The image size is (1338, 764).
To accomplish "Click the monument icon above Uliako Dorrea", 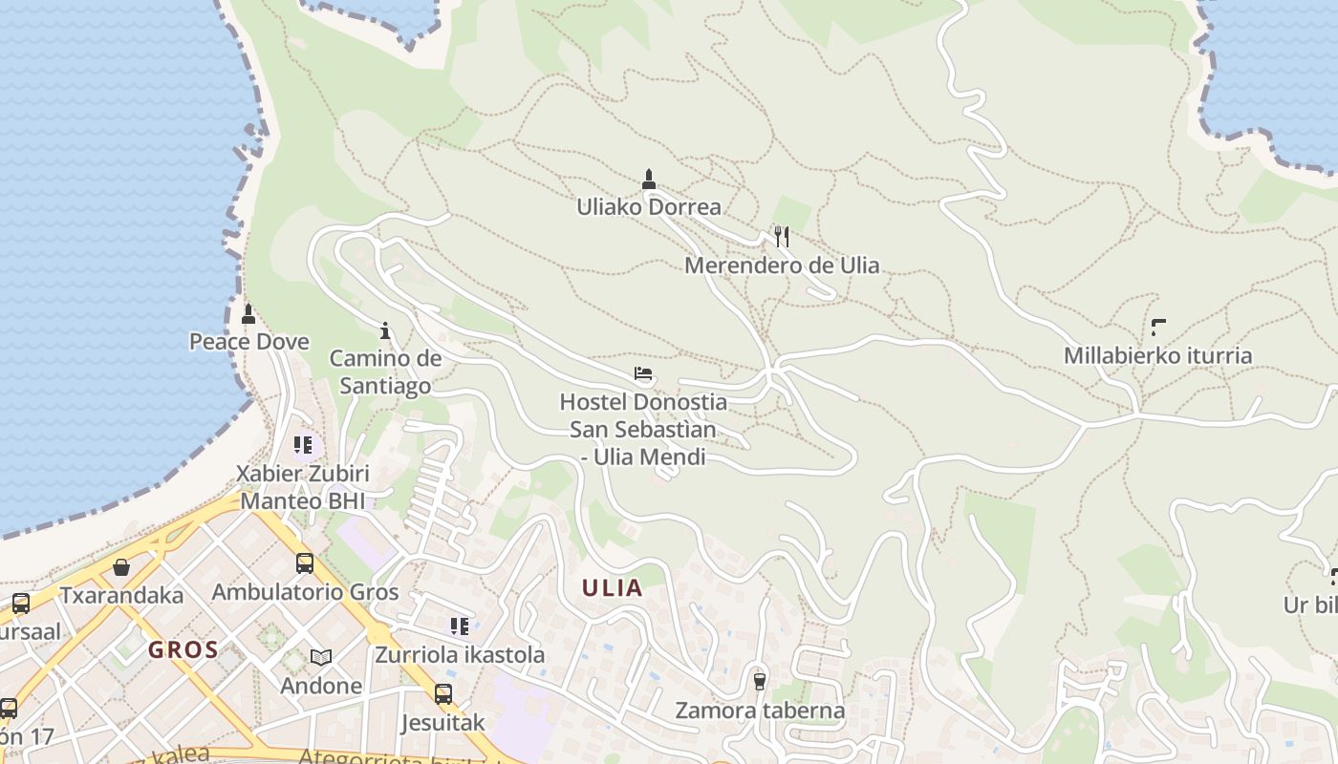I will pyautogui.click(x=649, y=179).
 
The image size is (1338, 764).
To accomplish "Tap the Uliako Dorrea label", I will pyautogui.click(x=649, y=206).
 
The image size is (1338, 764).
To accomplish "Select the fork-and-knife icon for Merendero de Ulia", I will pyautogui.click(x=782, y=237).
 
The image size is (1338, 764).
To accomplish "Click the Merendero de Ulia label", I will pyautogui.click(x=782, y=265).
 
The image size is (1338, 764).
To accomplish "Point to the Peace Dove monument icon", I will pyautogui.click(x=248, y=313).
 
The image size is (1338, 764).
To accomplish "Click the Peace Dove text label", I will pyautogui.click(x=249, y=342).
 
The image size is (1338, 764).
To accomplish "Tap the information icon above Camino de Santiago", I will pyautogui.click(x=385, y=330).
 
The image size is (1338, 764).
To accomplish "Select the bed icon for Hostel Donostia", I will pyautogui.click(x=643, y=373).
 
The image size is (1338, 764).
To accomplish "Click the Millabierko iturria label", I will pyautogui.click(x=1157, y=356).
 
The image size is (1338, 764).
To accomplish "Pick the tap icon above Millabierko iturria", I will pyautogui.click(x=1158, y=328).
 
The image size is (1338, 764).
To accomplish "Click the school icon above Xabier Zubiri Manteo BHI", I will pyautogui.click(x=303, y=444).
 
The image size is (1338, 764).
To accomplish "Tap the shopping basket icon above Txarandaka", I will pyautogui.click(x=121, y=567).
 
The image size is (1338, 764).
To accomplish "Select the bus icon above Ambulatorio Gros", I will pyautogui.click(x=305, y=563).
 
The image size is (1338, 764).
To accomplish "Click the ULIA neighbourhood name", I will pyautogui.click(x=613, y=588).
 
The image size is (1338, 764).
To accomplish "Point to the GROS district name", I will pyautogui.click(x=183, y=650).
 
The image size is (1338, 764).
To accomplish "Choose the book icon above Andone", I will pyautogui.click(x=321, y=657).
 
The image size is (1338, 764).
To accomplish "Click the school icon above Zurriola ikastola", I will pyautogui.click(x=460, y=626).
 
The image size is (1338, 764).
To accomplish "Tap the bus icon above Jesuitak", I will pyautogui.click(x=443, y=694).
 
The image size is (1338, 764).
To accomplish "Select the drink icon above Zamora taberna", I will pyautogui.click(x=760, y=681).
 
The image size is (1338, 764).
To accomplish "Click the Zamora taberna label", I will pyautogui.click(x=760, y=711).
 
